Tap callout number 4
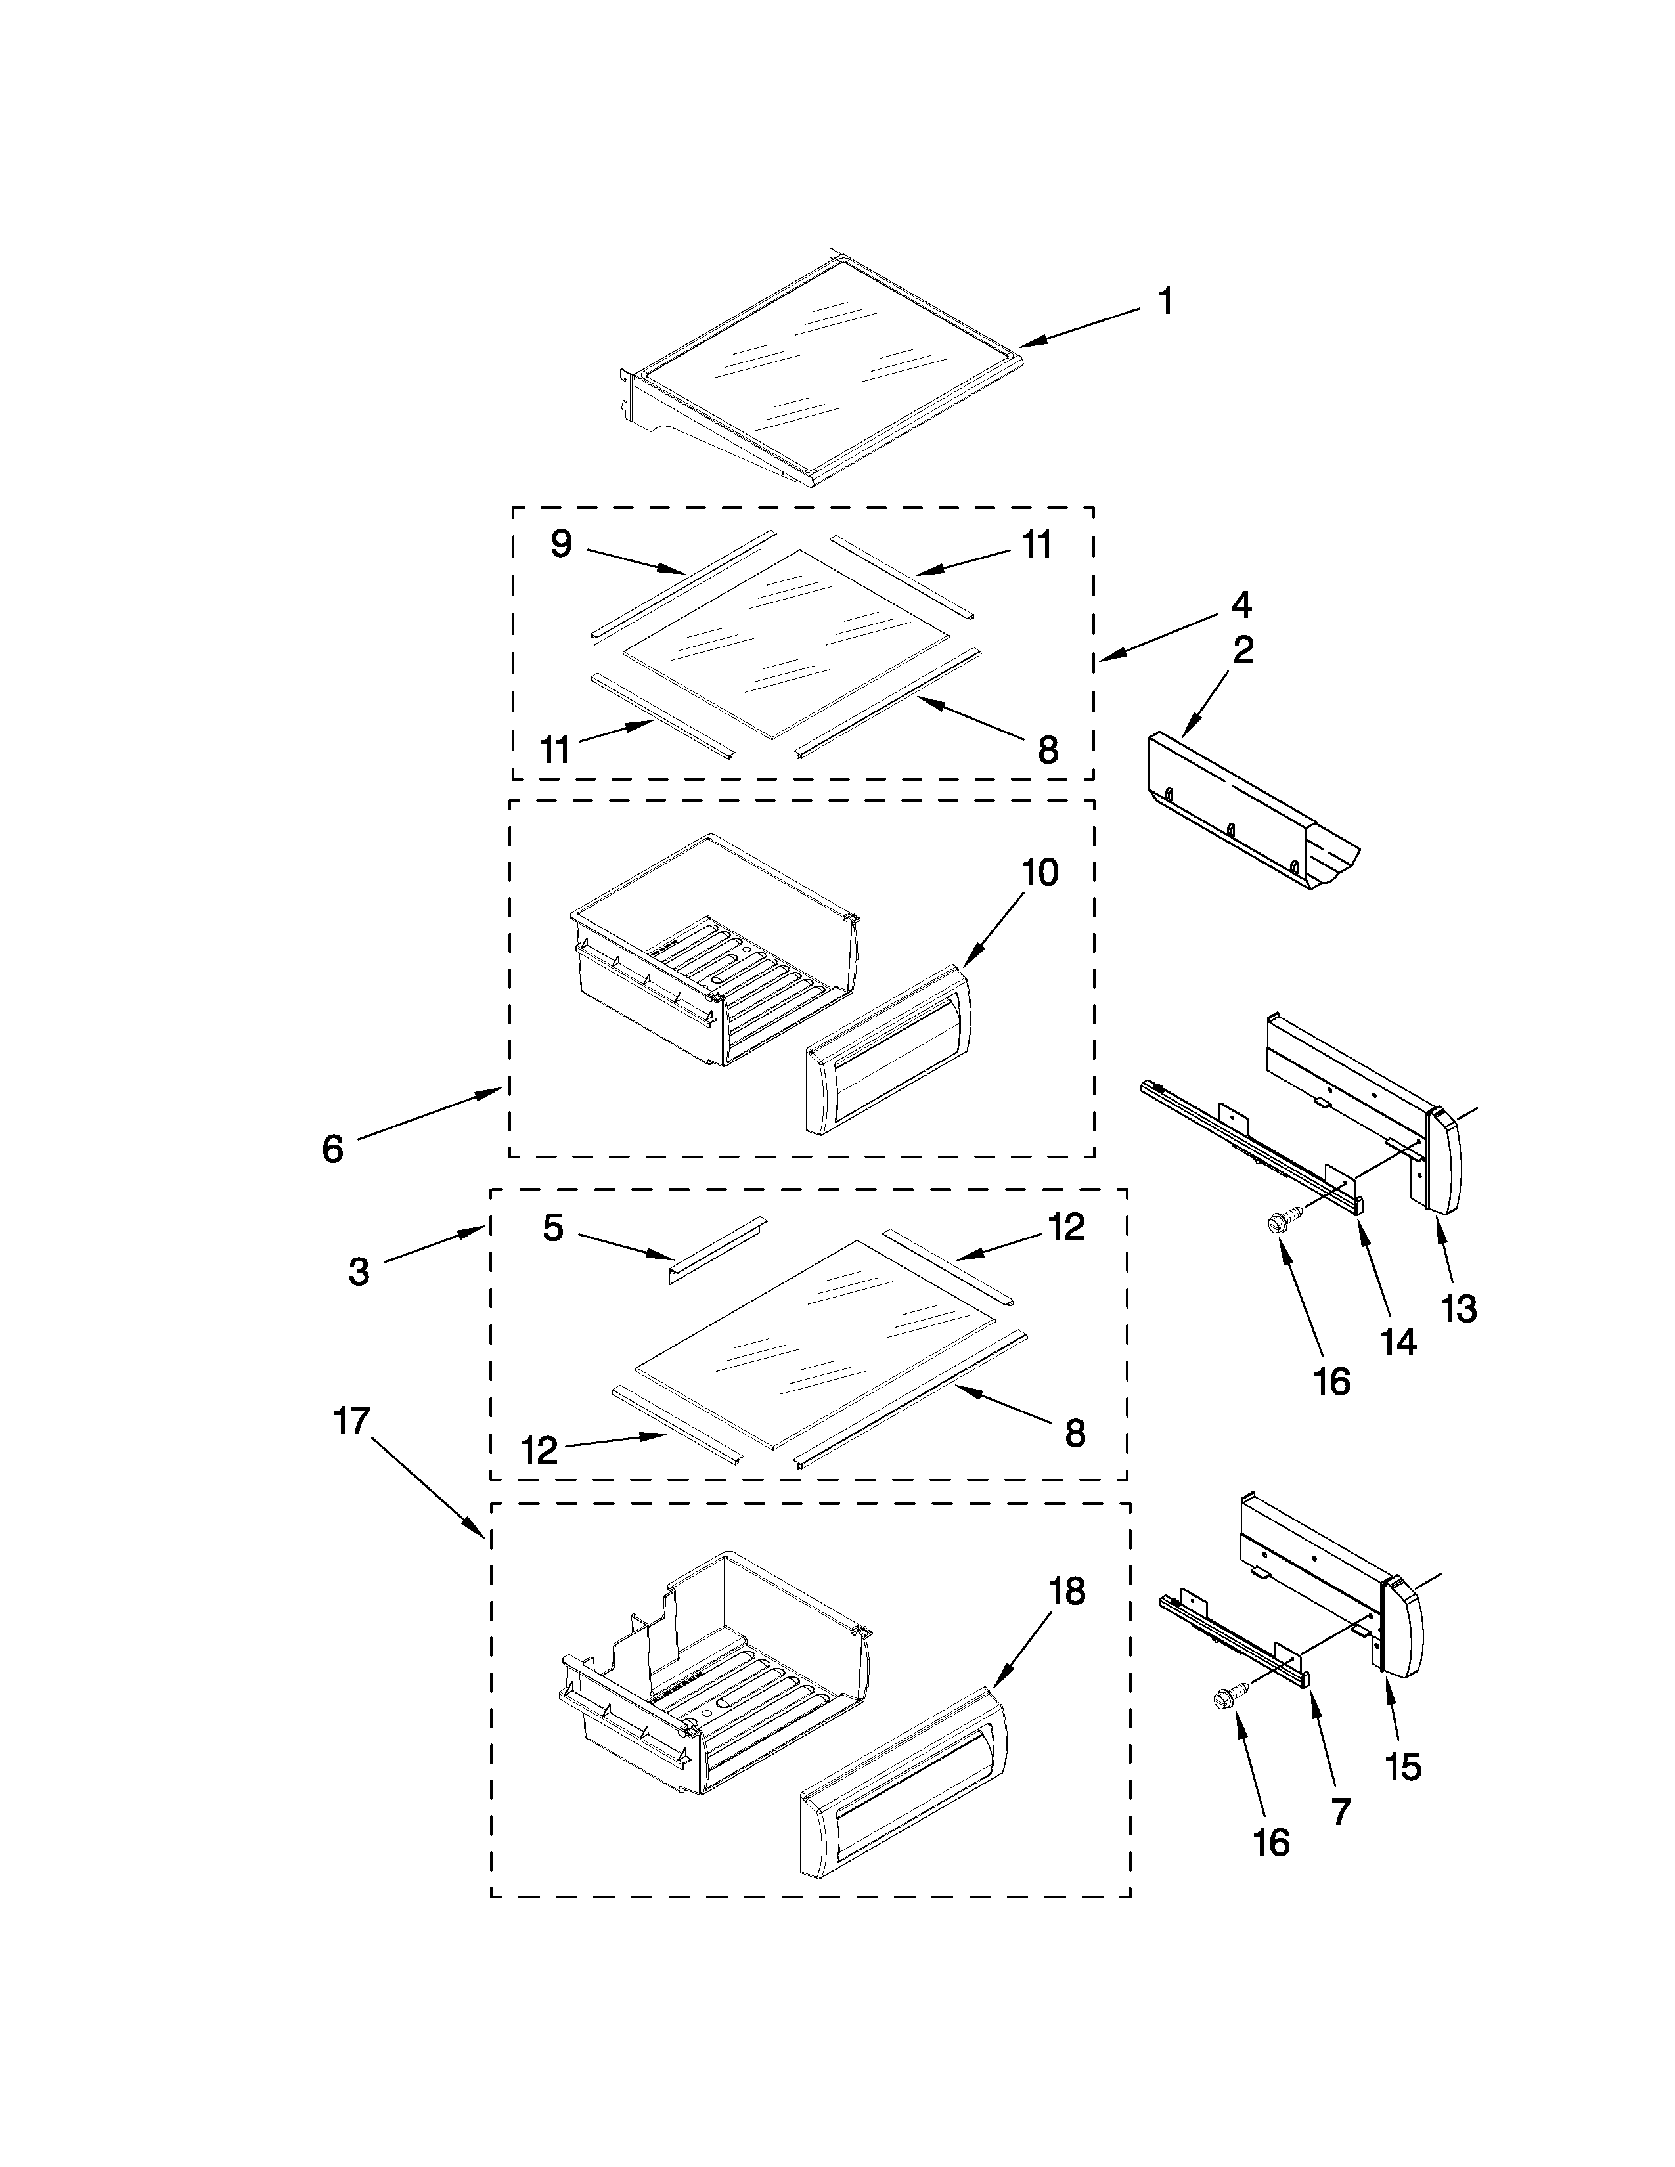pos(1241,604)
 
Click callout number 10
pos(1040,873)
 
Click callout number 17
pos(351,1421)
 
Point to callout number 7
pos(1341,1812)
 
